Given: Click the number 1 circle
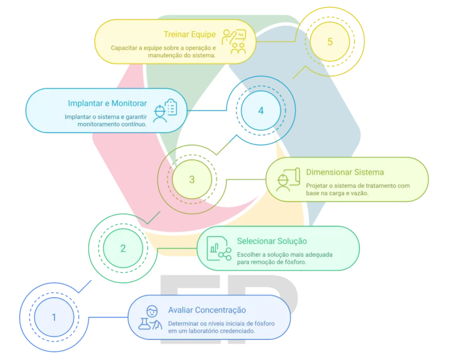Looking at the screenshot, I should pos(54,317).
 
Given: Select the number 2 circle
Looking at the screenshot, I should pos(123,248).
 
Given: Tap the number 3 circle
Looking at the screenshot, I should pos(192,180).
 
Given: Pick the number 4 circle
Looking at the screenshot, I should pos(261,111).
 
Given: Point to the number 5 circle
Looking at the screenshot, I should pos(330,42).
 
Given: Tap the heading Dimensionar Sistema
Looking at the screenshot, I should pos(345,173).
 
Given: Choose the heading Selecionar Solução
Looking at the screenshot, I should pos(271,241).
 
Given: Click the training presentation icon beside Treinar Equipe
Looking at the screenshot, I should pos(234,42).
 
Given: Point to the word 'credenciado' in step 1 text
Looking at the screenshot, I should pos(235,331).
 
